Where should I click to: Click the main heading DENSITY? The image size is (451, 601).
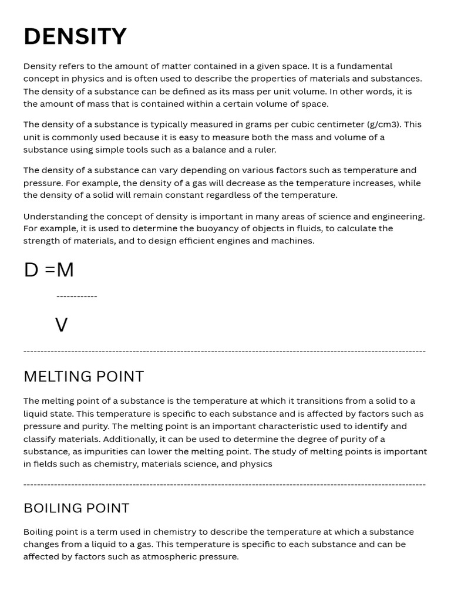[75, 36]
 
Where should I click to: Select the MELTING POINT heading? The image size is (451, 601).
[83, 376]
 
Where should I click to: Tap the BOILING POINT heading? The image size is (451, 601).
[76, 508]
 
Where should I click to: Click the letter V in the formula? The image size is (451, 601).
[61, 325]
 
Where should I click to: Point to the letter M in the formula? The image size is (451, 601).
[65, 270]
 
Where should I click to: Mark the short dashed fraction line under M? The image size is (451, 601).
[77, 296]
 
